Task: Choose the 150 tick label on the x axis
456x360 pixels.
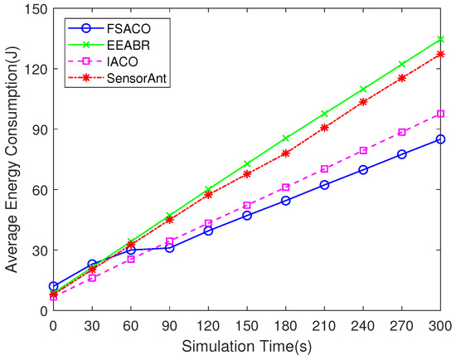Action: click(247, 326)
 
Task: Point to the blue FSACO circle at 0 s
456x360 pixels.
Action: click(53, 286)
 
